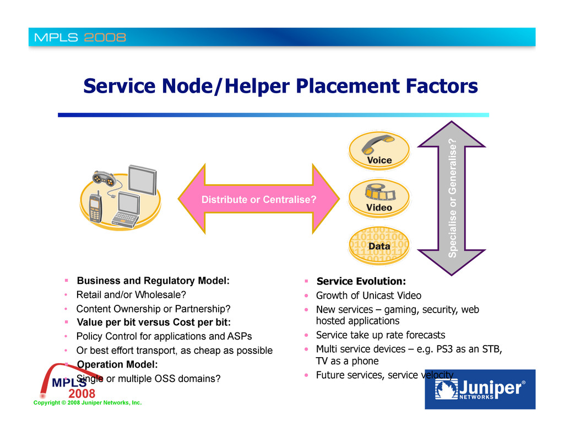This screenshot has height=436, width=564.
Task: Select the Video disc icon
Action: (379, 197)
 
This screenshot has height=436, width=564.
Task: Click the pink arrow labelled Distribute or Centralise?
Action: (258, 200)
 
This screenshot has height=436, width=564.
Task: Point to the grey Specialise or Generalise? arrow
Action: (452, 198)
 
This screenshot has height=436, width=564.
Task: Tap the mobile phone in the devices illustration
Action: (95, 208)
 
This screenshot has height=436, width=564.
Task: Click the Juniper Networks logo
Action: (479, 389)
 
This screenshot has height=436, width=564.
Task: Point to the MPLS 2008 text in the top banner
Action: (80, 38)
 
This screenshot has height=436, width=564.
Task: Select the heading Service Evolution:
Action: (361, 282)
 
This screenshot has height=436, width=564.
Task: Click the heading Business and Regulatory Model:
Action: (153, 280)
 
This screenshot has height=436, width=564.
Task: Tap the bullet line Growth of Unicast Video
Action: (368, 296)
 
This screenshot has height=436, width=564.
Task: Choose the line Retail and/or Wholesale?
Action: (131, 294)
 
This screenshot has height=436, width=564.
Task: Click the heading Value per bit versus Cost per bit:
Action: (153, 322)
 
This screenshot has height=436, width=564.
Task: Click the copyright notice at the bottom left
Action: (87, 403)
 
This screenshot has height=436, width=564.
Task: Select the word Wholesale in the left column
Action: (162, 294)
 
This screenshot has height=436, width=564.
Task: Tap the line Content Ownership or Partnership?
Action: (153, 308)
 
